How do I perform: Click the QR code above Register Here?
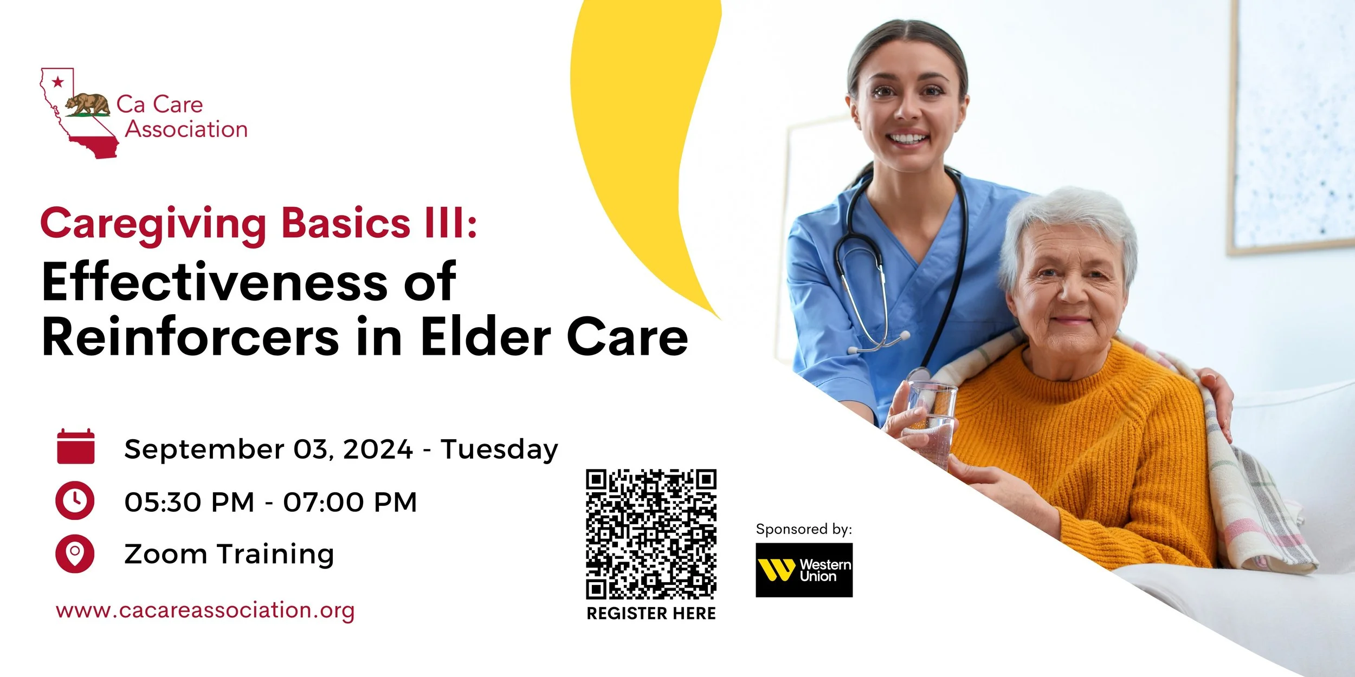651,534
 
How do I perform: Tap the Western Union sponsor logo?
804,570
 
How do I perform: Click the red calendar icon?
76,447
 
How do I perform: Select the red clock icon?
75,500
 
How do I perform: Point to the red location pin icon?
75,554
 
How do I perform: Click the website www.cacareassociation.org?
205,610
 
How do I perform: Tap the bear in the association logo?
88,104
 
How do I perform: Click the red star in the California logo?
57,82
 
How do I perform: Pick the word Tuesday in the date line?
499,450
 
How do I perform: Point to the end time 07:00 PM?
350,502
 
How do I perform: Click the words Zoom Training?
229,554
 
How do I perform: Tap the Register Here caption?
651,614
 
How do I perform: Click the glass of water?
931,417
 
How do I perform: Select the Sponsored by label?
804,529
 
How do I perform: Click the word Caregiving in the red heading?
153,224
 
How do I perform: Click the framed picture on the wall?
1293,125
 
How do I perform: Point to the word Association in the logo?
186,129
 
